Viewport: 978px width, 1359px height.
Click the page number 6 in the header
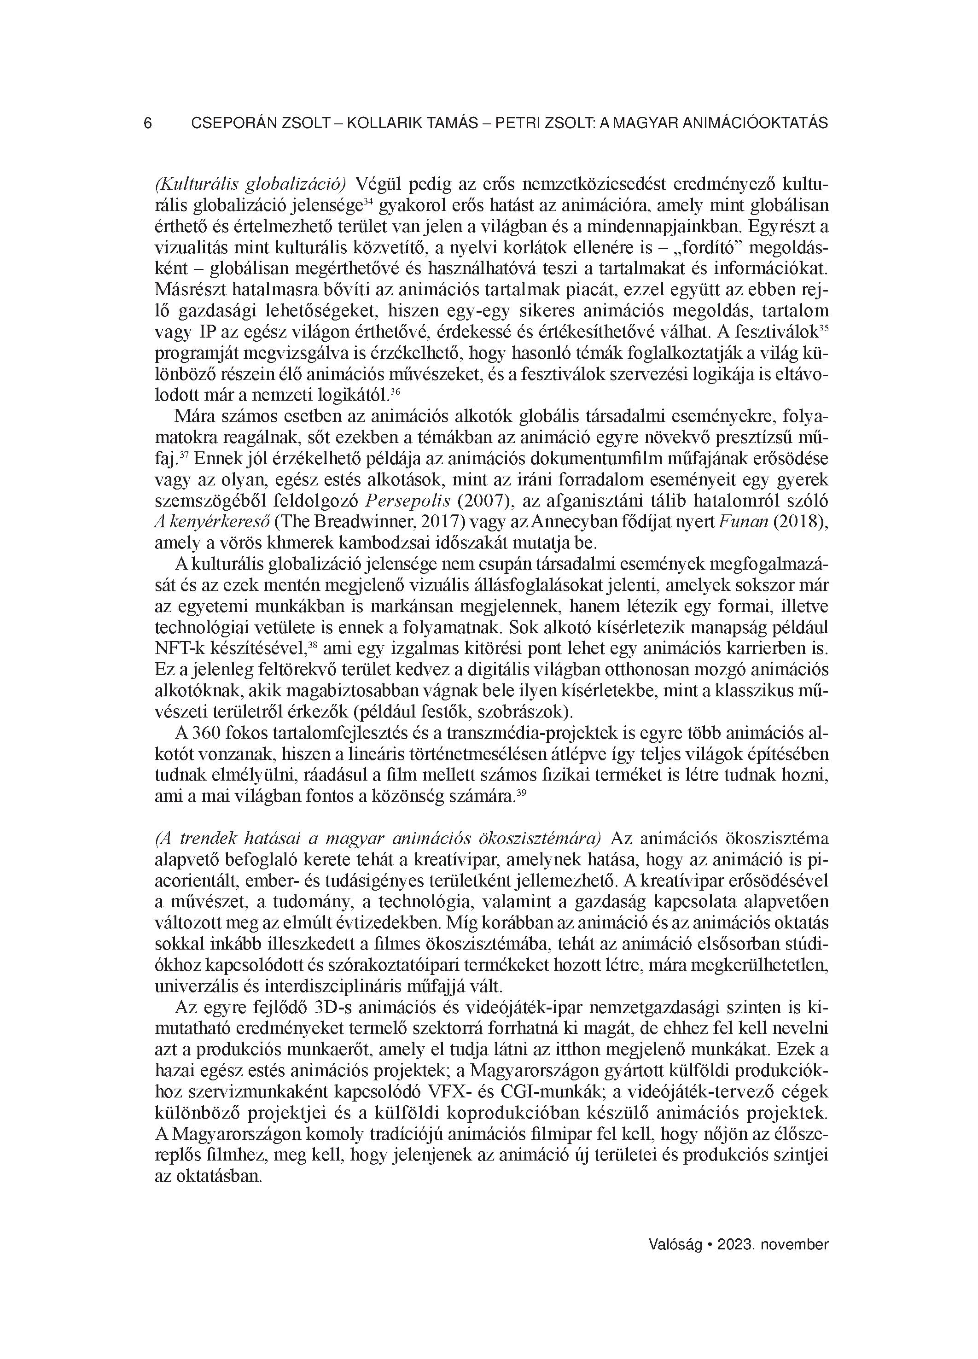tap(148, 123)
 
